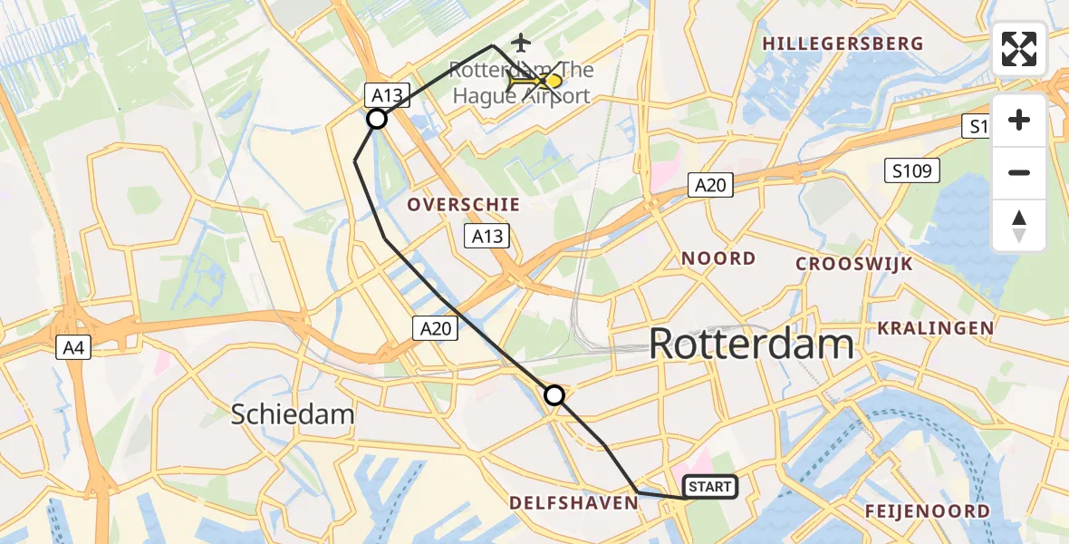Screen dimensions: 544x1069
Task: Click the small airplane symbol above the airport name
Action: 520,42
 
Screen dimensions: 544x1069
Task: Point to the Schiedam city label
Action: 292,414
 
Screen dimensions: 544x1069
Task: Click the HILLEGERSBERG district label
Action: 843,44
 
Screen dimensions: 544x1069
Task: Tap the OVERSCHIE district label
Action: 463,205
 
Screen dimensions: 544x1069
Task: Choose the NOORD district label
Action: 718,258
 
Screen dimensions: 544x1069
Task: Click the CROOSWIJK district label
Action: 853,264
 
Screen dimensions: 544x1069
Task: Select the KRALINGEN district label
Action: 935,328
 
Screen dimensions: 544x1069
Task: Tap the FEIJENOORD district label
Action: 927,511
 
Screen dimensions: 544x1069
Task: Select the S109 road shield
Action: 912,170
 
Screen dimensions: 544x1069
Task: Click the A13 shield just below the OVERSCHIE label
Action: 487,237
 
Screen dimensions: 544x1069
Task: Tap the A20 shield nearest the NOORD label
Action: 709,185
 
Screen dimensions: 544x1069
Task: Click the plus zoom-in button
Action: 1019,121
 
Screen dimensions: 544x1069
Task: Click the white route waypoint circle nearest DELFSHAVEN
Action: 554,395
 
